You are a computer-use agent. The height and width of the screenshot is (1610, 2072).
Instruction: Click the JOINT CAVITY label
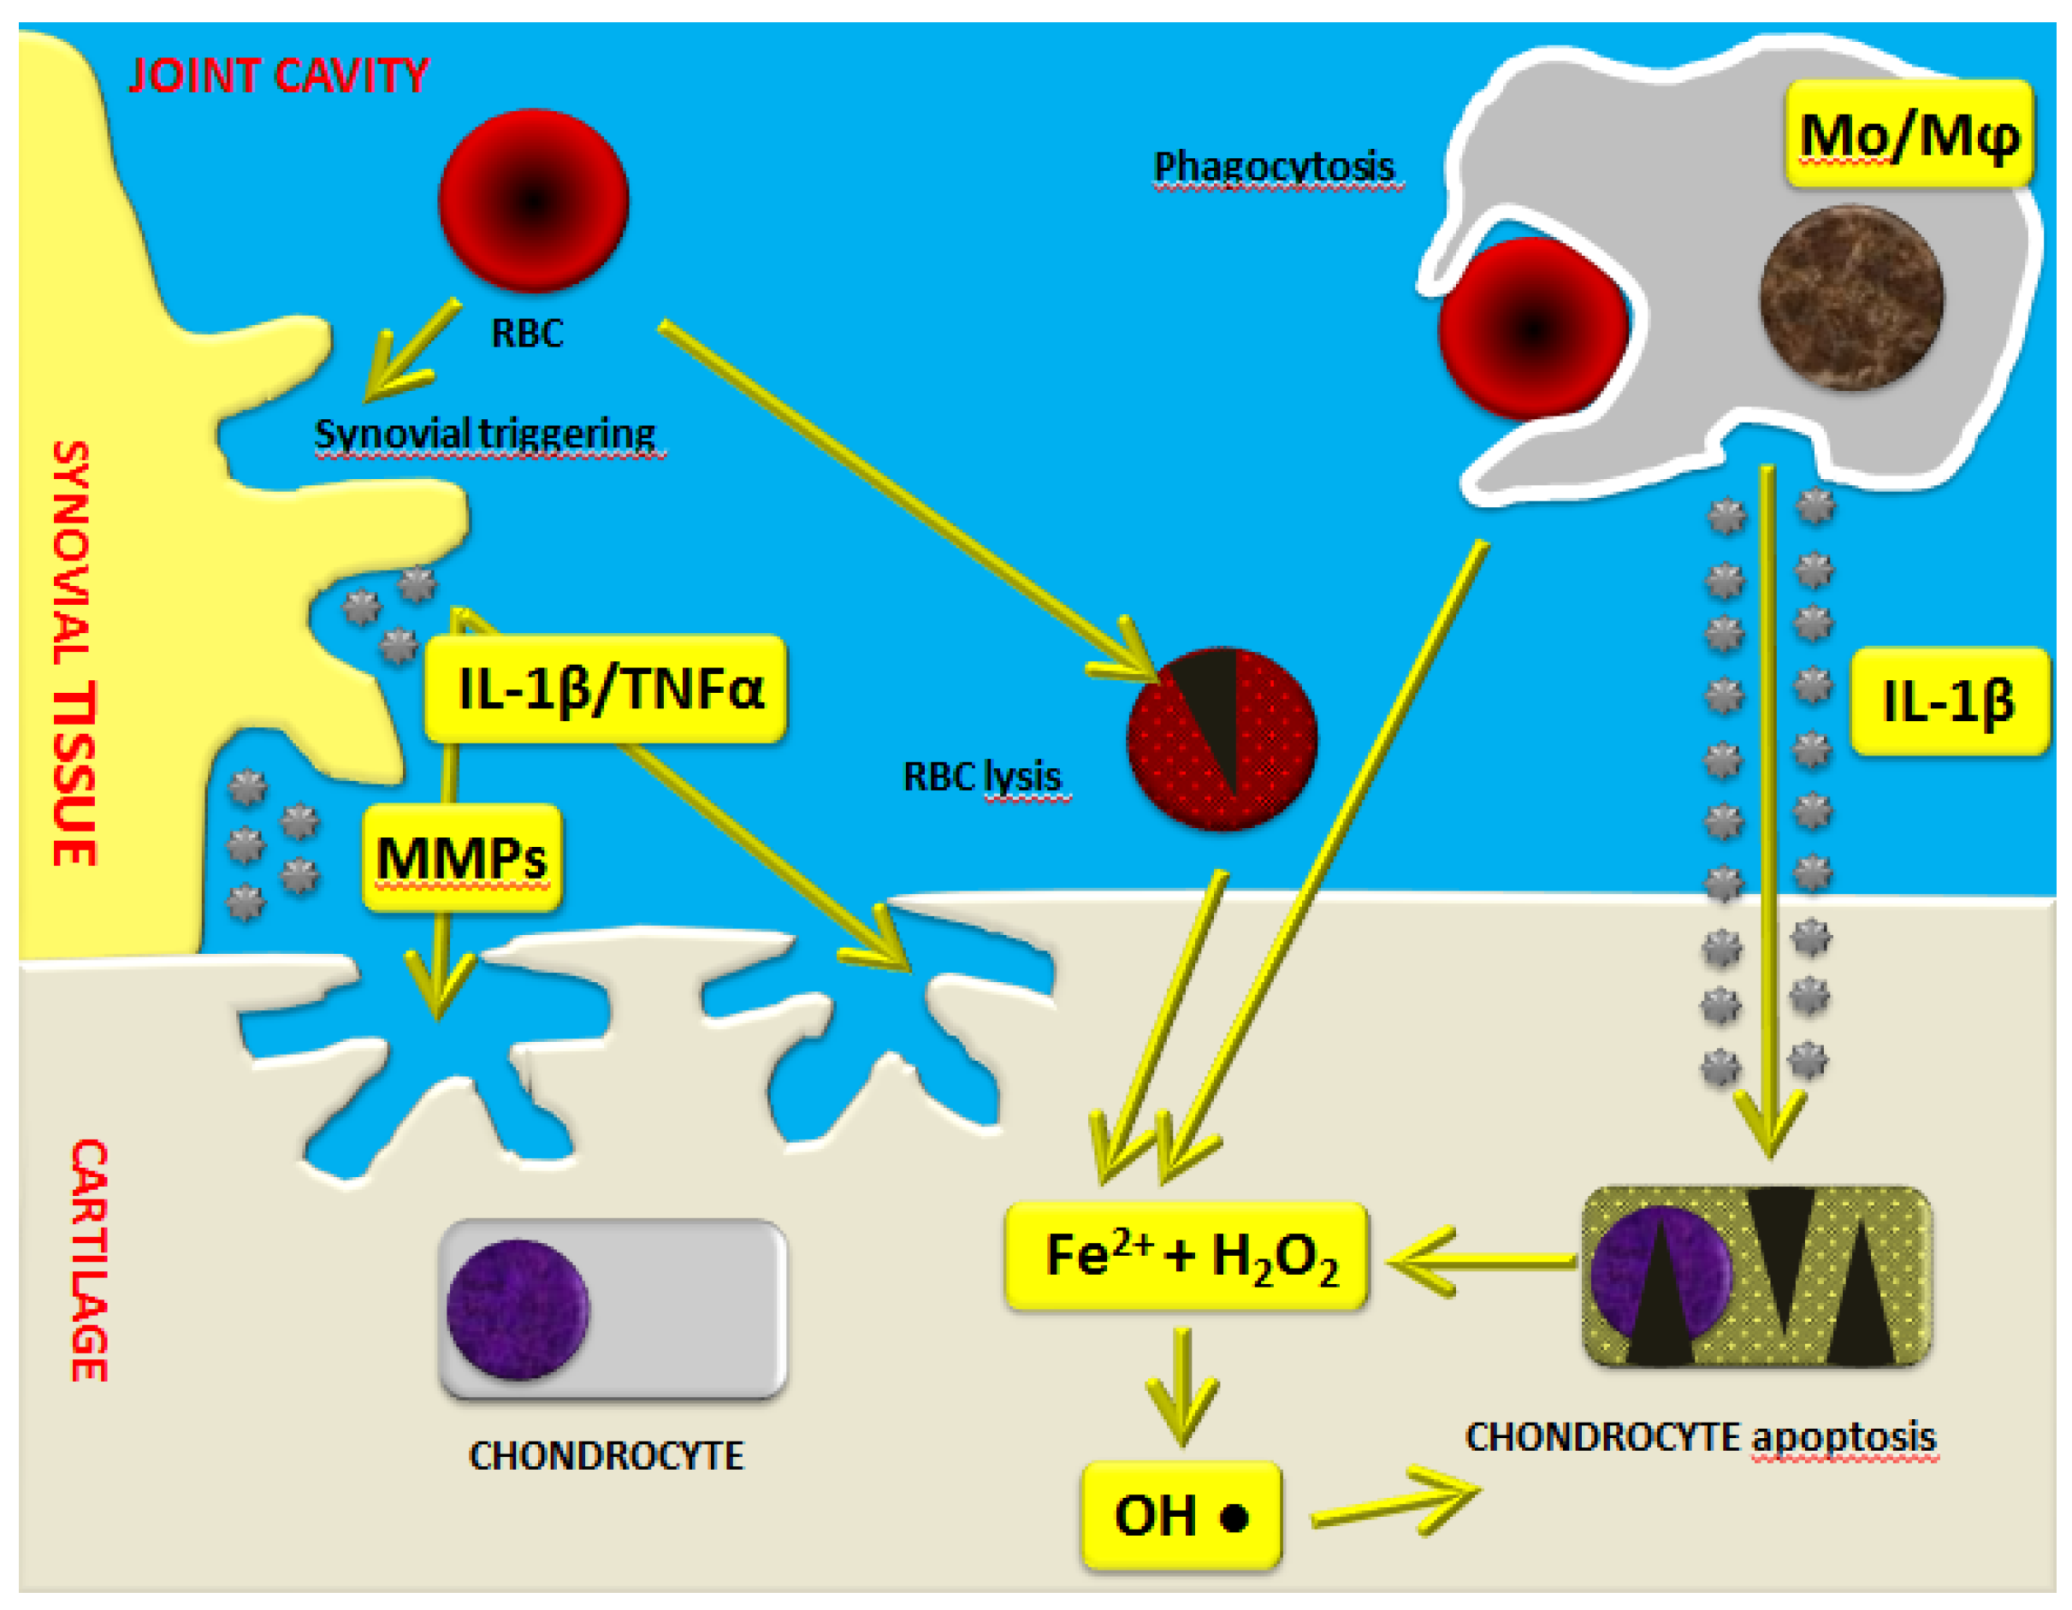tap(278, 76)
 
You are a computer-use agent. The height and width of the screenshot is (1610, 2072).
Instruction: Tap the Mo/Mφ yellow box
tap(1909, 133)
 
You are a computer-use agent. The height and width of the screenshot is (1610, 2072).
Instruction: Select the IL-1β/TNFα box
tap(607, 688)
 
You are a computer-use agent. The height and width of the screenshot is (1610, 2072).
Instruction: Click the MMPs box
tap(462, 858)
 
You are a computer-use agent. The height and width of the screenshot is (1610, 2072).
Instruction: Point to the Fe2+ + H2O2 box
tap(1187, 1256)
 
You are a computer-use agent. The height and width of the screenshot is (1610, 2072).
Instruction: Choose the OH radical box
tap(1181, 1515)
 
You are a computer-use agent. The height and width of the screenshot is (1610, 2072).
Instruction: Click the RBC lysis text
tap(982, 777)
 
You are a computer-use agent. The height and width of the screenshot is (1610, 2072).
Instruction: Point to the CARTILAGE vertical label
tap(89, 1260)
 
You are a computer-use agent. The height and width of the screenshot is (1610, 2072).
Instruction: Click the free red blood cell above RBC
tap(533, 201)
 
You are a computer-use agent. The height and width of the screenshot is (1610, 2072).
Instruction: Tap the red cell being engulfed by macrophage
tap(1533, 329)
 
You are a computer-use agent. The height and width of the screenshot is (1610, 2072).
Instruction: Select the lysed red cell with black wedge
tap(1222, 740)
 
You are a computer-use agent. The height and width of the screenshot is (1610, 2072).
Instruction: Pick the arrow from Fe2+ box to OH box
tap(1182, 1387)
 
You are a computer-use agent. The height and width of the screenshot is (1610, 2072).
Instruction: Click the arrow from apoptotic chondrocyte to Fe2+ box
tap(1482, 1261)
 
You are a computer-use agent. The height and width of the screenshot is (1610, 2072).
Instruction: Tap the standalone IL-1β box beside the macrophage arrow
tap(1949, 701)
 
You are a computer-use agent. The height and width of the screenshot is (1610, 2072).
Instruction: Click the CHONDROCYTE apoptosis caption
tap(1700, 1437)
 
